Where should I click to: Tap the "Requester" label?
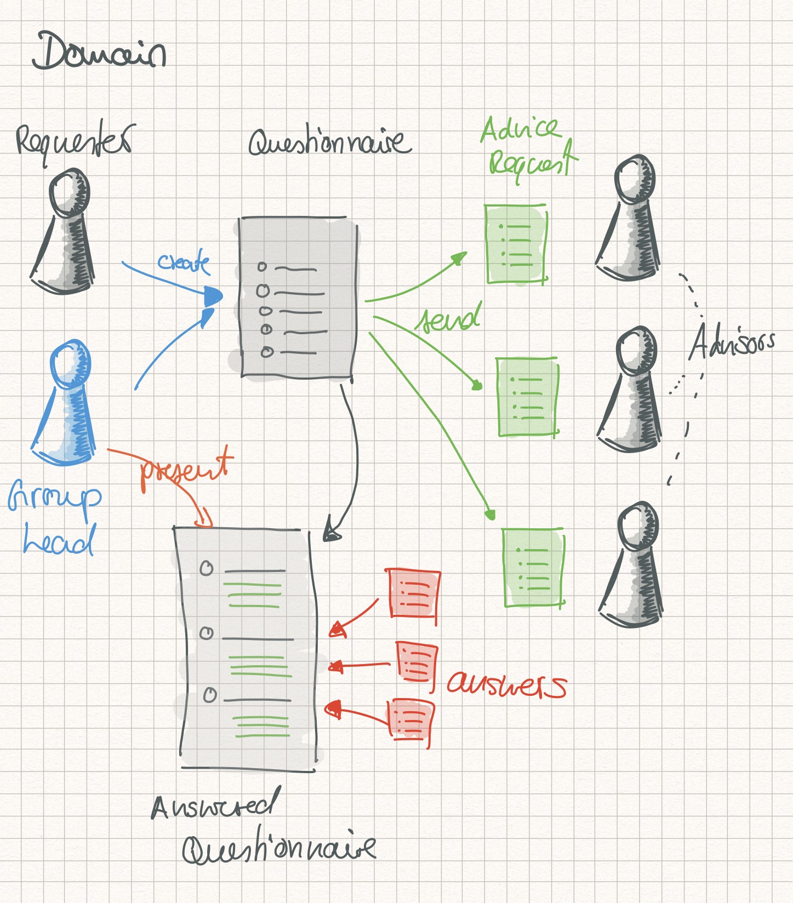tap(74, 142)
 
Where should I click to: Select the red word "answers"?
tap(505, 685)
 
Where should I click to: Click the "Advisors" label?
tap(732, 342)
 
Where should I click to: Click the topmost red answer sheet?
tap(413, 593)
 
